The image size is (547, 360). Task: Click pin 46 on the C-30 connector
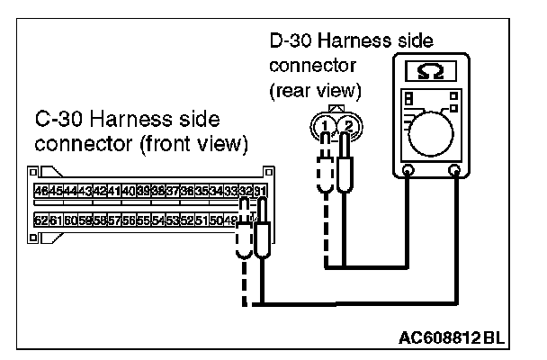pos(40,191)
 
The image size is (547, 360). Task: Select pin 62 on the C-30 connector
pos(40,220)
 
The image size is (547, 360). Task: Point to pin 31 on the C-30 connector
pos(260,191)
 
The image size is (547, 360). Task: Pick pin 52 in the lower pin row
pos(185,220)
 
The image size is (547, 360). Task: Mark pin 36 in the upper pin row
pos(186,191)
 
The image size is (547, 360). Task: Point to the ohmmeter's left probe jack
pos(408,169)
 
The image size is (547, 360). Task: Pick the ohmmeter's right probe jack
pos(455,169)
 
